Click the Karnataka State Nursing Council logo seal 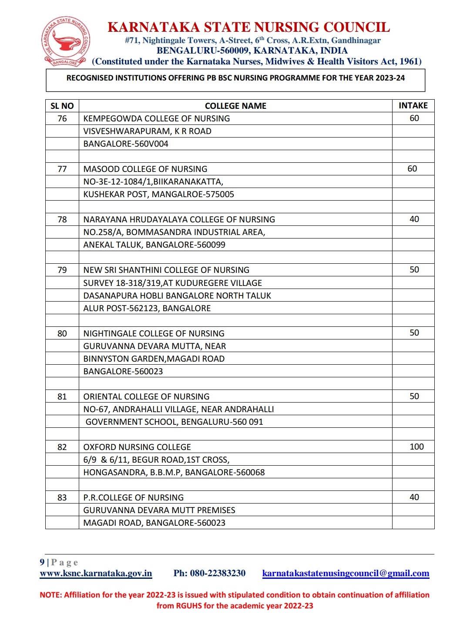66,42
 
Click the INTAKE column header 413,106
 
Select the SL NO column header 62,106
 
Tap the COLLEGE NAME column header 235,106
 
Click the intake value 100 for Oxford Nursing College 416,447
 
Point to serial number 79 62,270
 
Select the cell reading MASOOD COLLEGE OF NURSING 145,169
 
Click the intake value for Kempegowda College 414,118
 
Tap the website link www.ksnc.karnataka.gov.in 96,573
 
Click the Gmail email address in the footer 346,573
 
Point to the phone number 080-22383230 218,573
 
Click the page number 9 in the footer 42,562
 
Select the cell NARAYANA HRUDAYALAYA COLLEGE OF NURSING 179,219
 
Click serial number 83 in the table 62,497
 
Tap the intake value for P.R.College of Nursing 414,497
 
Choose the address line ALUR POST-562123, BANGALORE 147,308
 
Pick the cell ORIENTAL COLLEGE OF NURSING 147,396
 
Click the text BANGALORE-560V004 126,144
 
